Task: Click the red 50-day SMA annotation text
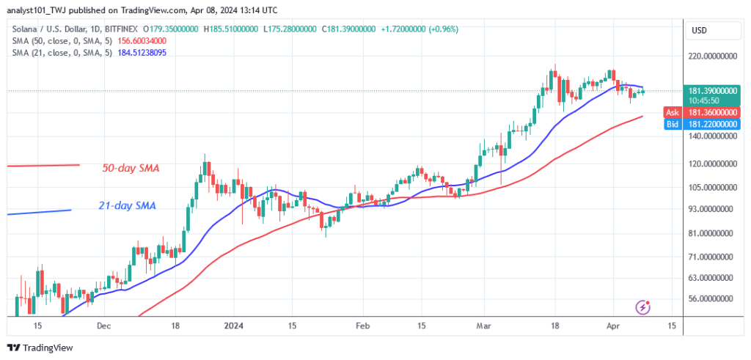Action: click(x=131, y=169)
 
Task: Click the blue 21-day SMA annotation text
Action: click(x=127, y=206)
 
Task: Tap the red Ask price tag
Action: click(x=702, y=112)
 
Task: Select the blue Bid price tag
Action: click(x=702, y=125)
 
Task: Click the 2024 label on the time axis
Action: click(x=233, y=326)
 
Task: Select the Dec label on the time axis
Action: click(x=103, y=326)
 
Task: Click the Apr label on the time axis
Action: click(x=612, y=326)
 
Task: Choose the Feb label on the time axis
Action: click(x=363, y=326)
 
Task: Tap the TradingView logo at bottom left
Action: click(x=40, y=348)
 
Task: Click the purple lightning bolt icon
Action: click(x=642, y=307)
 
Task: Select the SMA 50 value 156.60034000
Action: click(x=142, y=41)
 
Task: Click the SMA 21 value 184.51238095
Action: click(x=142, y=53)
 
